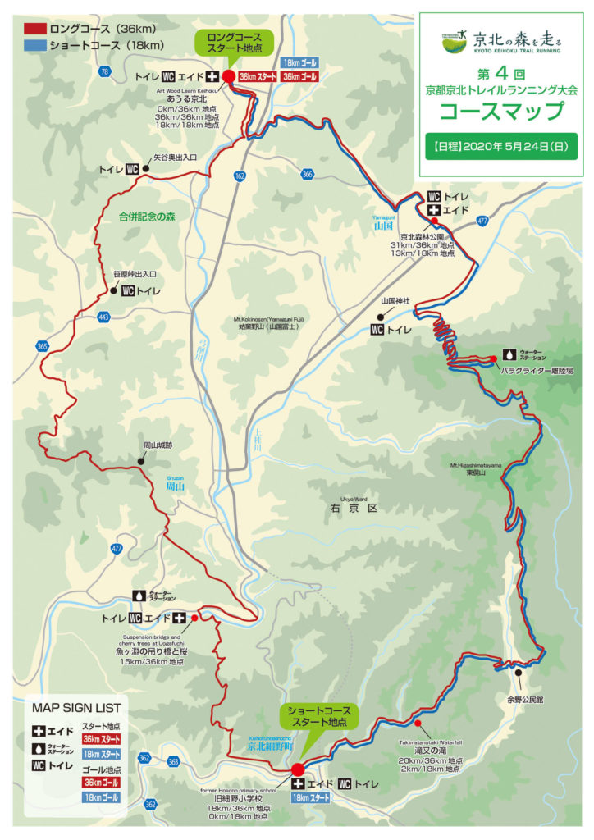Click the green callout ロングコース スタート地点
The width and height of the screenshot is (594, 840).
pyautogui.click(x=230, y=42)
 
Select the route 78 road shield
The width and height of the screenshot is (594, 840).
pyautogui.click(x=104, y=73)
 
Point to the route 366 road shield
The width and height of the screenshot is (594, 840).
pyautogui.click(x=307, y=174)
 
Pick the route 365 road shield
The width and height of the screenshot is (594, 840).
pyautogui.click(x=42, y=347)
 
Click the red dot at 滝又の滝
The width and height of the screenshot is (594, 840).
pyautogui.click(x=418, y=724)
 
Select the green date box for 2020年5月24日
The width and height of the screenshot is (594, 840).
pyautogui.click(x=500, y=148)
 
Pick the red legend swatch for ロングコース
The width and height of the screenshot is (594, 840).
pyautogui.click(x=34, y=26)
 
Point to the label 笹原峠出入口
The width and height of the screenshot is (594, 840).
pyautogui.click(x=134, y=274)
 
